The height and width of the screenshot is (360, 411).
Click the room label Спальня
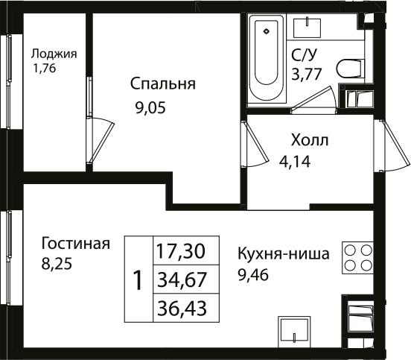pyautogui.click(x=162, y=83)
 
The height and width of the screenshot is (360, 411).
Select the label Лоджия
pyautogui.click(x=54, y=54)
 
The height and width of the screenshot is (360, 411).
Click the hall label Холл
pyautogui.click(x=308, y=139)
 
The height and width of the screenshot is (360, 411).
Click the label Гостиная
pyautogui.click(x=76, y=244)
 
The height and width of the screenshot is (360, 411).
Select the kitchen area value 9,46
pyautogui.click(x=253, y=274)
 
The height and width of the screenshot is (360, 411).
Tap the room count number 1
pyautogui.click(x=137, y=280)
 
